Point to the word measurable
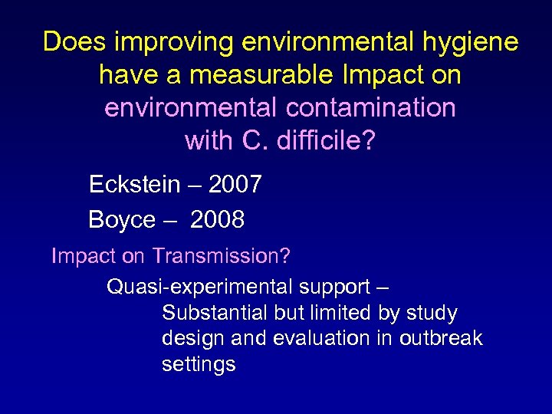click(249, 75)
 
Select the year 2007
click(235, 185)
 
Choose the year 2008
click(217, 220)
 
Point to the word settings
click(198, 364)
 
